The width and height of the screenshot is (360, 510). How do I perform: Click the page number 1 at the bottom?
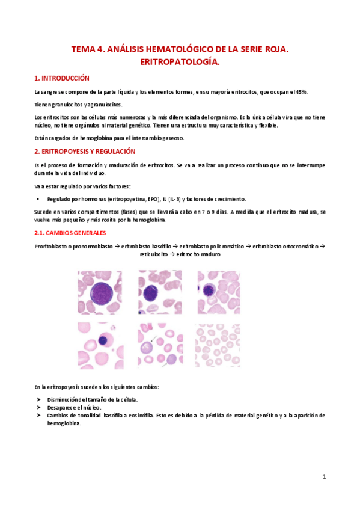coord(323,477)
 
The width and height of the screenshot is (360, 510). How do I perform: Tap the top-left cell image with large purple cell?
coord(99,292)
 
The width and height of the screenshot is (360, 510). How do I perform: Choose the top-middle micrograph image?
coord(160,292)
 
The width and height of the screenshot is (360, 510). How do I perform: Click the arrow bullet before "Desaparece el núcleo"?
coord(38,407)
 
